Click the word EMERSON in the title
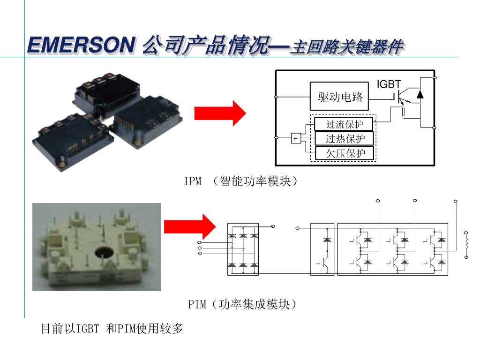pos(82,45)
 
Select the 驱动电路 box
pos(339,96)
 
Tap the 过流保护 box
pos(344,124)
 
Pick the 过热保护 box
pos(344,139)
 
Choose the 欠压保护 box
pos(345,153)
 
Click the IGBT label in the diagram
pos(389,84)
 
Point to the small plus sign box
pos(295,138)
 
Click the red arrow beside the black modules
pos(220,113)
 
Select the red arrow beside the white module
pos(190,226)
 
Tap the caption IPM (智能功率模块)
pos(240,181)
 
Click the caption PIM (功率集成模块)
pos(242,304)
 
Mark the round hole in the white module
pos(104,253)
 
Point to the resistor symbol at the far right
pos(466,245)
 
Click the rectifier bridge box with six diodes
pos(243,249)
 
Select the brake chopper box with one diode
pos(322,249)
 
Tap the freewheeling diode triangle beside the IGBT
pos(420,94)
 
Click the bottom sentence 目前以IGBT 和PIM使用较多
pos(112,329)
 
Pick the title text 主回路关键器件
pos(347,47)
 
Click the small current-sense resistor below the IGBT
pos(404,112)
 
